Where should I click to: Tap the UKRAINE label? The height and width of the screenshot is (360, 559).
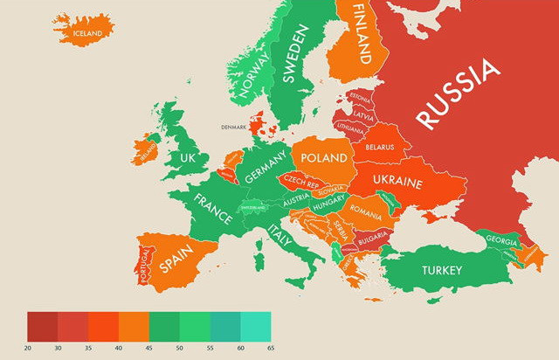pyautogui.click(x=398, y=184)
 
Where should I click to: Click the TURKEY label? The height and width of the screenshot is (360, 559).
pyautogui.click(x=441, y=270)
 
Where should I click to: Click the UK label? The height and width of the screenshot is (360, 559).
pyautogui.click(x=187, y=158)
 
